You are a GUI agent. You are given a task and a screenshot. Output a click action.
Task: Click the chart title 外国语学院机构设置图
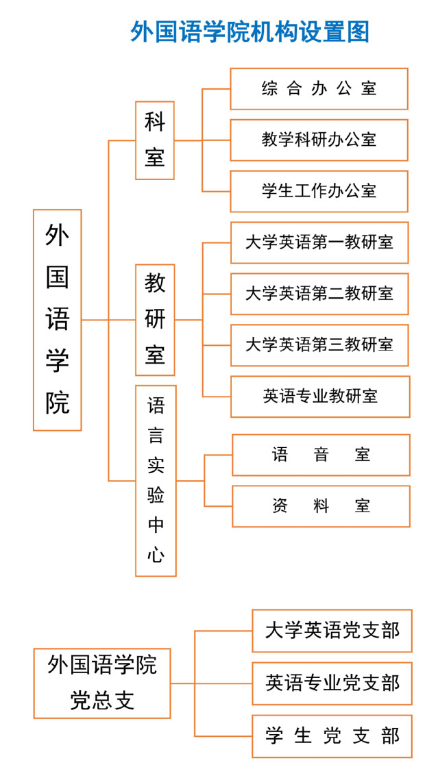pos(250,32)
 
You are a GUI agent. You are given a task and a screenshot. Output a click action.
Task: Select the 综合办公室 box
pos(319,88)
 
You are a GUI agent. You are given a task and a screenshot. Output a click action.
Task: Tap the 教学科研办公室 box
pos(319,140)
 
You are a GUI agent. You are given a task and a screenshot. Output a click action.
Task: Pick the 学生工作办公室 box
pos(319,191)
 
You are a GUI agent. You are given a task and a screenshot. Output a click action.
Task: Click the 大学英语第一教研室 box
pos(319,242)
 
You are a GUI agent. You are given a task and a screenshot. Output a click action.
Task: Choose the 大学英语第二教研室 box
pos(319,294)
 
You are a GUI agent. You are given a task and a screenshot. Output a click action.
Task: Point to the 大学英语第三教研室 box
pos(319,344)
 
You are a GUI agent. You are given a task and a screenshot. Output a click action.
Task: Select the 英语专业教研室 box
pos(320,397)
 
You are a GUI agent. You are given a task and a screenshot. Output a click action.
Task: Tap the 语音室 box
pos(321,455)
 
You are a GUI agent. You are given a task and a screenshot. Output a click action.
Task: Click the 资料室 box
pos(321,506)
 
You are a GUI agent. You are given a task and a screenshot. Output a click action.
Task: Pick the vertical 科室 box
pos(155,140)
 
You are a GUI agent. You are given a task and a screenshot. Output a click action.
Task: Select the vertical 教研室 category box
pos(156,320)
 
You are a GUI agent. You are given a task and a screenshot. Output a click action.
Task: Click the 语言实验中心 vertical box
pos(156,481)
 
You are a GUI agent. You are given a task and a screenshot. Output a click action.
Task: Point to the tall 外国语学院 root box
pos(58,320)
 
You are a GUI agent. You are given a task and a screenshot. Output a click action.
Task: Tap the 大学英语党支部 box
pos(332,630)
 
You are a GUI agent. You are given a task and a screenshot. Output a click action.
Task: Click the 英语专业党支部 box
pos(332,683)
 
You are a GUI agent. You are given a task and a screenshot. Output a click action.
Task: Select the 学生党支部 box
pos(332,735)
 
